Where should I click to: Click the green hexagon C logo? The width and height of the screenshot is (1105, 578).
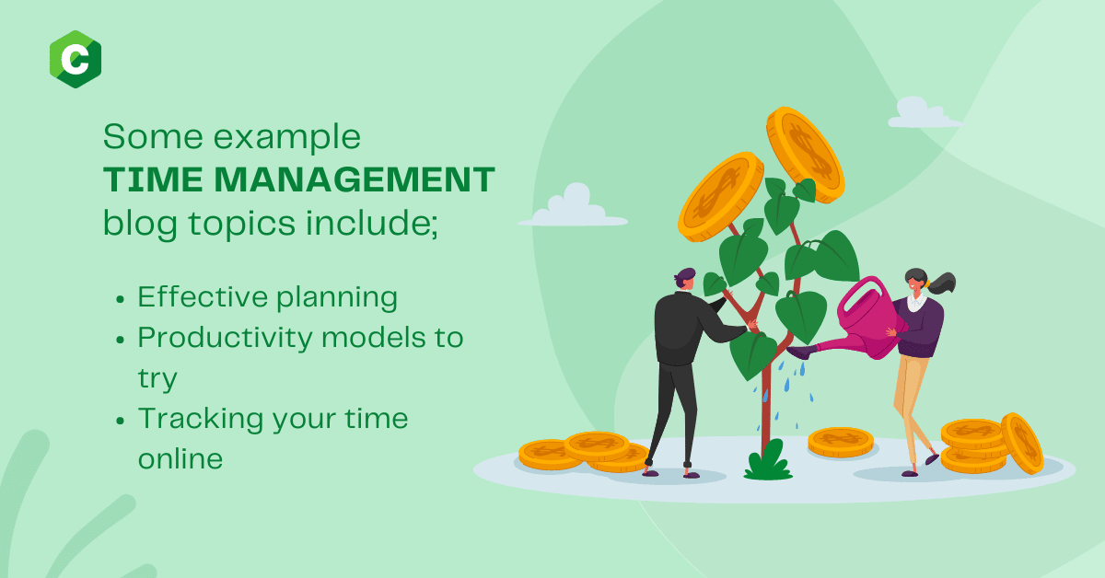click(76, 59)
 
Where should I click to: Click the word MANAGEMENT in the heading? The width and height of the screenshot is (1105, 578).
click(355, 179)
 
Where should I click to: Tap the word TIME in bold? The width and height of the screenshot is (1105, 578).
click(153, 179)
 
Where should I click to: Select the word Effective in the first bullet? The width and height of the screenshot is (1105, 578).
click(203, 297)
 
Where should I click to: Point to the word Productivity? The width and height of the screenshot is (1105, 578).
click(225, 339)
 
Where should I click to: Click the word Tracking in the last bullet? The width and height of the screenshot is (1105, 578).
click(201, 420)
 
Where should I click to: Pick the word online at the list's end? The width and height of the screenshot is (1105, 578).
click(180, 459)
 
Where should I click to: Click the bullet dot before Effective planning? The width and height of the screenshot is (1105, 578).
click(120, 299)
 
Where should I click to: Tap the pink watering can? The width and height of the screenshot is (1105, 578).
click(858, 320)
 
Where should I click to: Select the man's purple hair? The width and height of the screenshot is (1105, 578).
click(684, 276)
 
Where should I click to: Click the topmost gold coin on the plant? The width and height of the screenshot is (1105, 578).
click(805, 155)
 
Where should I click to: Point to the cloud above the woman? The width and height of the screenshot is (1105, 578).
click(925, 113)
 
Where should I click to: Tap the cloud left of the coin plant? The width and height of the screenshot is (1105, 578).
click(572, 207)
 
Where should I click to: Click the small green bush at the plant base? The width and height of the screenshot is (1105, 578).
click(768, 461)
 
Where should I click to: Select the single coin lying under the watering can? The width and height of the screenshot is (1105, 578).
click(841, 442)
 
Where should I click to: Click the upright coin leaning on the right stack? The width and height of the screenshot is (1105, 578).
click(1023, 444)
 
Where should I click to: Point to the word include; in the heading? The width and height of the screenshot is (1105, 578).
click(371, 224)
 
